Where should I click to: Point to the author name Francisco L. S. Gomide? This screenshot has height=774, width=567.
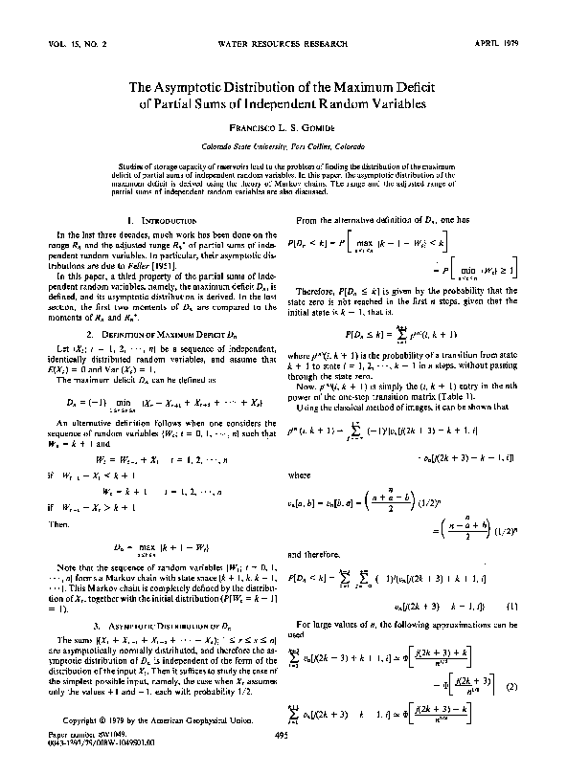click(283, 127)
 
